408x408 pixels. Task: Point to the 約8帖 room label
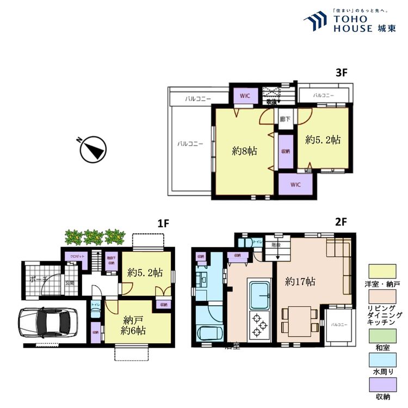click(244, 151)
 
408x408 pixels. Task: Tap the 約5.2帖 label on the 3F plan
click(323, 139)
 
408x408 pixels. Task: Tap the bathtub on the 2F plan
click(209, 333)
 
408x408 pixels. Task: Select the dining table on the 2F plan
click(299, 318)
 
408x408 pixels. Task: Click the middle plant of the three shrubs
click(94, 237)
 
